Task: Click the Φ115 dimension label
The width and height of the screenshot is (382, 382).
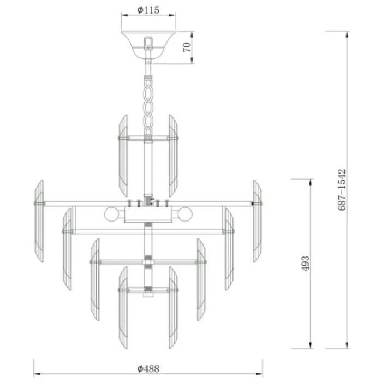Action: (x=148, y=10)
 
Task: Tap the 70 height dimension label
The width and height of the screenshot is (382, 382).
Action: (x=187, y=47)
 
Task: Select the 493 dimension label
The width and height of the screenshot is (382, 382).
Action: (x=305, y=264)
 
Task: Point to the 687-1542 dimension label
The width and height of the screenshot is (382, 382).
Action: (x=342, y=190)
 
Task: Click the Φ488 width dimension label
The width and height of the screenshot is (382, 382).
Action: (x=148, y=368)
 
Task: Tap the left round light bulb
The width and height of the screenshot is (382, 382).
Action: (x=111, y=214)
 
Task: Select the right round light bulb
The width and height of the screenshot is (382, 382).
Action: (x=185, y=214)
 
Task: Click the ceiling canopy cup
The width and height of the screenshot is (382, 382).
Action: (x=148, y=45)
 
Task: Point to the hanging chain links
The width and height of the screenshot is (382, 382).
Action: (x=148, y=107)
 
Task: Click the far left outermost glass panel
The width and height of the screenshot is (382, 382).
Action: (x=39, y=221)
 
